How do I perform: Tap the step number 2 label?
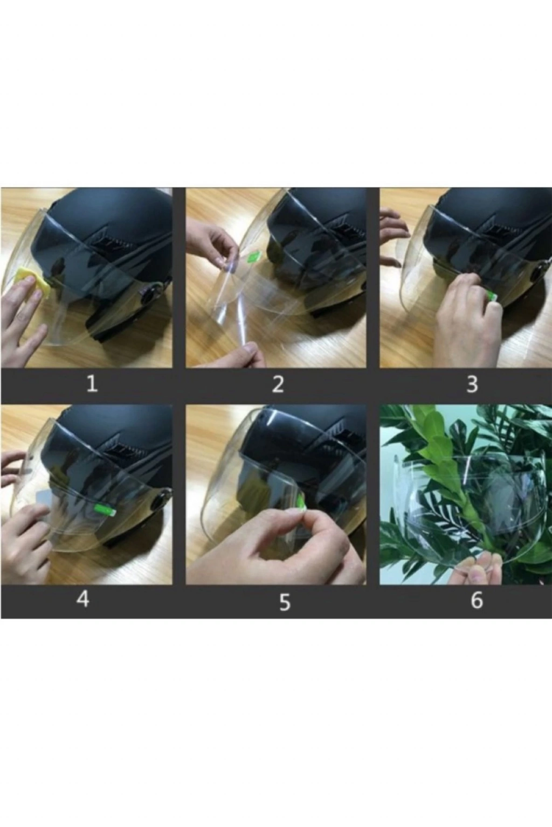(x=278, y=384)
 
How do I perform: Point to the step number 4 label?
(x=83, y=599)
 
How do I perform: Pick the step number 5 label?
(x=284, y=602)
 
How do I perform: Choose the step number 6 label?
(x=477, y=600)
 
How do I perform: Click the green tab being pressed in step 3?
(x=492, y=296)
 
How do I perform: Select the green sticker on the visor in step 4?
(x=105, y=510)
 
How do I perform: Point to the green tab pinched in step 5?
(x=302, y=502)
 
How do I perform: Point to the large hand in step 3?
(x=470, y=318)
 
